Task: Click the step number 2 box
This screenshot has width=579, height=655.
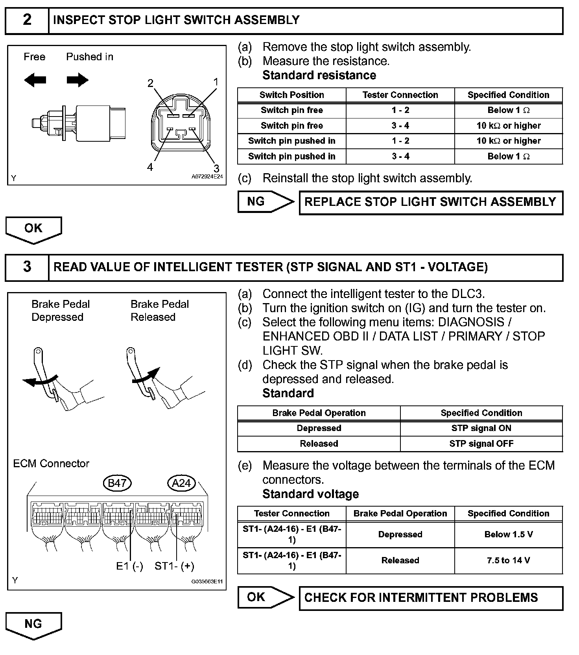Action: [27, 20]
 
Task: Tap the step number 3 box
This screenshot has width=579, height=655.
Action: [27, 267]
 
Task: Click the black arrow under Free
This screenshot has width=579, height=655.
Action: [35, 80]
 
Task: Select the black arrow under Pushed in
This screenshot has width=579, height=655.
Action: [77, 80]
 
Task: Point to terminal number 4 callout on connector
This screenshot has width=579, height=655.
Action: [150, 167]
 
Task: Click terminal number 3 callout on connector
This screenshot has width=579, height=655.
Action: [216, 168]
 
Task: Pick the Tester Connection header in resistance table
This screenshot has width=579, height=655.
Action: [400, 95]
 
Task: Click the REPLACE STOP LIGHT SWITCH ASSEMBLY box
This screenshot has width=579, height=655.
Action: [431, 202]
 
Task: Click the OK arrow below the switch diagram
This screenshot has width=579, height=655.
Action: [33, 229]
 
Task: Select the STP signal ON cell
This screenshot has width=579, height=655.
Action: [481, 428]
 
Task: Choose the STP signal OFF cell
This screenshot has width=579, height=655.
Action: [481, 444]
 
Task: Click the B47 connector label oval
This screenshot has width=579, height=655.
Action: [117, 483]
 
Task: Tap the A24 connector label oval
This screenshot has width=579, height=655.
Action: [181, 483]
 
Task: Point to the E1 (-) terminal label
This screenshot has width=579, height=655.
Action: [129, 566]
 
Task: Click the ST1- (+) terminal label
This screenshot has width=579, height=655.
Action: [174, 566]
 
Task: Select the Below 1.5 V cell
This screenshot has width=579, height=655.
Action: [508, 535]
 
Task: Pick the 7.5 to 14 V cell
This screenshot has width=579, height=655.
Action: [508, 560]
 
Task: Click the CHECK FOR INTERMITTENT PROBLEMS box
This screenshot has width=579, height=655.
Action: [431, 598]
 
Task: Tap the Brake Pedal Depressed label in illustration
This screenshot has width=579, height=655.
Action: [60, 311]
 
